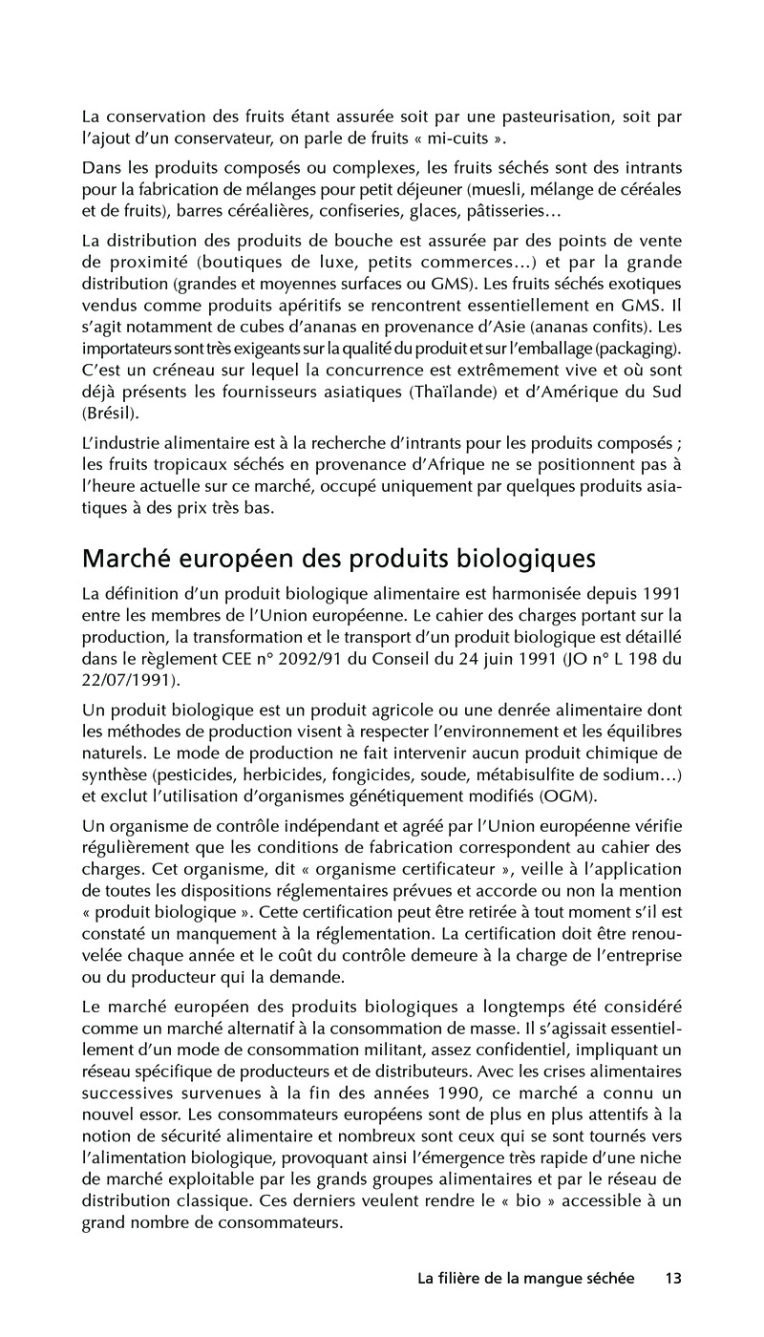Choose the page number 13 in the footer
pos(673,1279)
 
